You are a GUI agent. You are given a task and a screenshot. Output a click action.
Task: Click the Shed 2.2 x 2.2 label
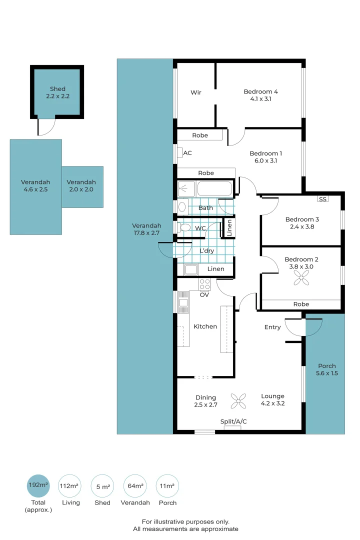click(57, 92)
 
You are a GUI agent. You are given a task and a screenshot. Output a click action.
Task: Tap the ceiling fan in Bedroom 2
click(301, 281)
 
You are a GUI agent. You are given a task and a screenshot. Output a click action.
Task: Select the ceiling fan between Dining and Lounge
click(238, 400)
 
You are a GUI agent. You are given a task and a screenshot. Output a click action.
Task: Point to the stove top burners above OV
click(205, 284)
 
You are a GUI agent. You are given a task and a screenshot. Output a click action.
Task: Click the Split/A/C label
click(233, 422)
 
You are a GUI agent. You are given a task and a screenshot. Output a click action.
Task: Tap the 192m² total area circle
click(38, 485)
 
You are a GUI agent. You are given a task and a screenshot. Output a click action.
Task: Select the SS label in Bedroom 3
click(322, 199)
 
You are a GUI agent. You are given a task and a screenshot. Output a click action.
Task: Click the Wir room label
click(196, 92)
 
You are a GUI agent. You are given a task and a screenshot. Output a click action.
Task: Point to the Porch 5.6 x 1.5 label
click(327, 369)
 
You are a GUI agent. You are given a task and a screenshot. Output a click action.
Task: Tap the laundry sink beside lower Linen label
click(191, 269)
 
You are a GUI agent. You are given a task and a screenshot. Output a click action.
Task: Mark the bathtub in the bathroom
click(215, 189)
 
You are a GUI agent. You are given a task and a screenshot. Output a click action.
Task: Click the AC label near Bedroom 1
click(187, 153)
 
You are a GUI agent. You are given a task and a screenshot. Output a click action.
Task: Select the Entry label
click(272, 327)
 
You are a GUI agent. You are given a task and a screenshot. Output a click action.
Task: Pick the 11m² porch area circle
click(167, 485)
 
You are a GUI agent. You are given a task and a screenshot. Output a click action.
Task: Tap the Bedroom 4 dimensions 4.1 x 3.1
click(261, 99)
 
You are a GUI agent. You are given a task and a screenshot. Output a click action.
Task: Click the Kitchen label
click(205, 326)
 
